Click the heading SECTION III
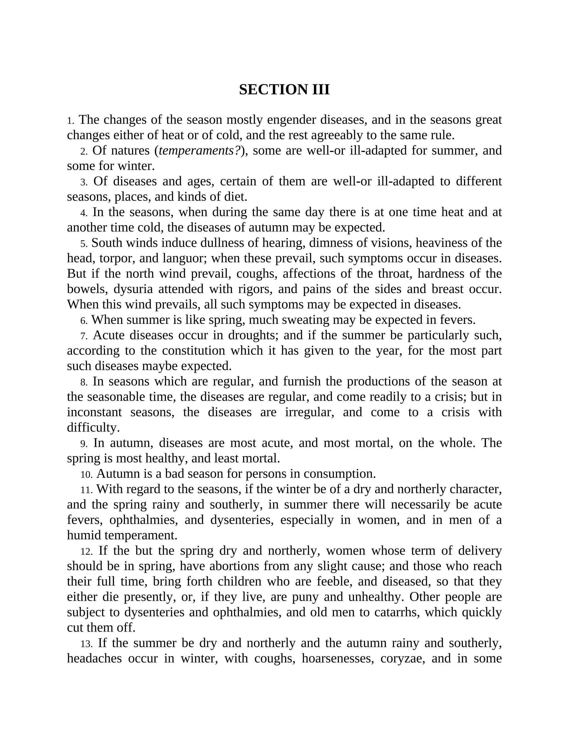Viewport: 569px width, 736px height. tap(284, 90)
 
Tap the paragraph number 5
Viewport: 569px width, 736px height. tap(84, 244)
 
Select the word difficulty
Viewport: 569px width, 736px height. tap(93, 428)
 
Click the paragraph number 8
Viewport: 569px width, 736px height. tap(84, 382)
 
